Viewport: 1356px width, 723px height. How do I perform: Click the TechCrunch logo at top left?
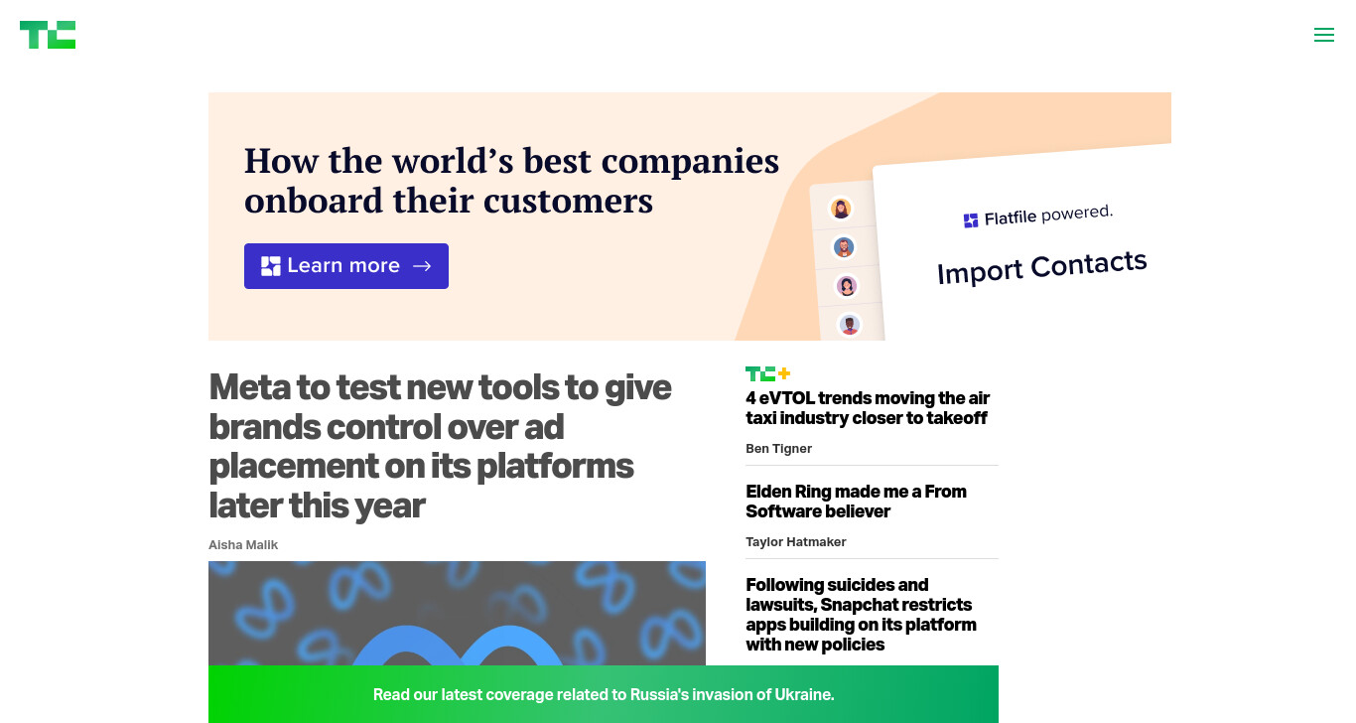click(x=48, y=35)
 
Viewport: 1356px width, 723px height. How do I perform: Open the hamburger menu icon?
click(x=1324, y=35)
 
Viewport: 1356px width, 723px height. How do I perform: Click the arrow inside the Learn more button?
click(x=422, y=266)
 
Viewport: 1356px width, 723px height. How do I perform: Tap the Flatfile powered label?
click(x=1038, y=217)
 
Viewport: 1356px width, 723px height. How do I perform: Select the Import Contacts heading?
click(x=1042, y=267)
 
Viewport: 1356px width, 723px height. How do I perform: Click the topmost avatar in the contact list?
click(x=840, y=209)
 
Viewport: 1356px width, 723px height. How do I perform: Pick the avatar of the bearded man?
click(x=843, y=247)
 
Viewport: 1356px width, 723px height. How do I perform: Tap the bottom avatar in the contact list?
click(x=850, y=325)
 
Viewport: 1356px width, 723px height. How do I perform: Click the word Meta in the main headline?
click(x=249, y=387)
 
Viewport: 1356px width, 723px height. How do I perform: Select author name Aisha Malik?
click(x=243, y=545)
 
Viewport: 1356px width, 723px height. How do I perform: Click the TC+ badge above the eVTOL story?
click(x=767, y=373)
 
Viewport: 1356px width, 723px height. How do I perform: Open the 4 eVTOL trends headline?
click(x=868, y=408)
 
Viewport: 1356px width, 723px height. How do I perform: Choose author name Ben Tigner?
click(x=778, y=449)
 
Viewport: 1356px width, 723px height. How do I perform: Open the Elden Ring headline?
click(x=856, y=502)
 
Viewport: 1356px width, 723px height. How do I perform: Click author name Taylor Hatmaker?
click(x=796, y=542)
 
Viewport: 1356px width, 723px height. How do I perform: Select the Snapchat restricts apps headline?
click(x=861, y=615)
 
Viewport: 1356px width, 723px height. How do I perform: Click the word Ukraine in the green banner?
click(x=804, y=694)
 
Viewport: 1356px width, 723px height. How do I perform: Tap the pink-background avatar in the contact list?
click(x=847, y=286)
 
